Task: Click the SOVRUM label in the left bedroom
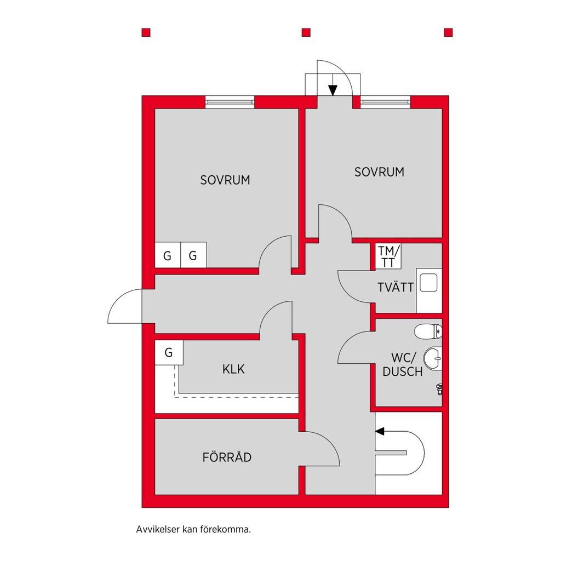pos(225,180)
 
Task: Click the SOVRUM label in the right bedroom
pos(379,172)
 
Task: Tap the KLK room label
pos(233,369)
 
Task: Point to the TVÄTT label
pos(396,287)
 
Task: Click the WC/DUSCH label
pos(403,364)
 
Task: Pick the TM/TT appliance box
pos(388,256)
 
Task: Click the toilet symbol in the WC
pos(428,331)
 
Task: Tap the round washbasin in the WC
pos(433,358)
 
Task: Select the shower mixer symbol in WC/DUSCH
pos(439,389)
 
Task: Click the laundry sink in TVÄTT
pos(428,283)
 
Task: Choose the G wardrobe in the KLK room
pos(169,352)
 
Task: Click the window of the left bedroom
pos(230,102)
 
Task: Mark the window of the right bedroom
pos(385,102)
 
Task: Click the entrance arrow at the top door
pos(333,85)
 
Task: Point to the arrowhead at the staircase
pos(380,431)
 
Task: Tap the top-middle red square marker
pos(306,32)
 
